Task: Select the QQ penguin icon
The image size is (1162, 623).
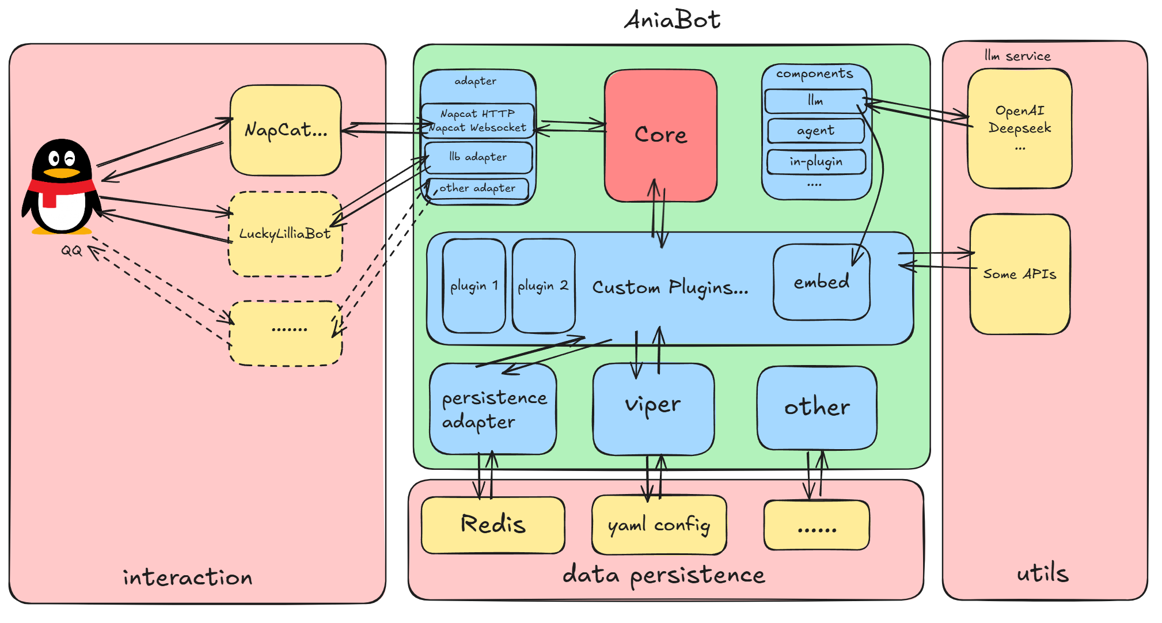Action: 62,187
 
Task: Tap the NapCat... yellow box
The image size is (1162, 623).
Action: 286,130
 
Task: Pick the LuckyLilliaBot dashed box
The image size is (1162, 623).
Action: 286,234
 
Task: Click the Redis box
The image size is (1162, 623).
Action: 493,525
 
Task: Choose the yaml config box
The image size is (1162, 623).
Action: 659,525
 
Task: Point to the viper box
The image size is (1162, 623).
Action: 653,408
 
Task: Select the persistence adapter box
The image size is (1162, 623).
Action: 493,409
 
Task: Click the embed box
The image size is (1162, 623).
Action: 821,282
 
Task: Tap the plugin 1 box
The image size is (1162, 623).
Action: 474,286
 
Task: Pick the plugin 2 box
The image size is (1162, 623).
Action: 543,286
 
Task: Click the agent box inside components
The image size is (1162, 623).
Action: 815,131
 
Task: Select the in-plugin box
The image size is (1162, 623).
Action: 816,162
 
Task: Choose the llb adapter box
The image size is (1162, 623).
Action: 478,157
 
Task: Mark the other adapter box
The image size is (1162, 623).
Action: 478,188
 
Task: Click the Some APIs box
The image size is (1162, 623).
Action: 1020,274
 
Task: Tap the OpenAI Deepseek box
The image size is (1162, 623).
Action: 1020,128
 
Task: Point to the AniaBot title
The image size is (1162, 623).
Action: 672,20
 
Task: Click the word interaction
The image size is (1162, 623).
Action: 188,578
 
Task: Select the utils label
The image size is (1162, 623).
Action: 1042,573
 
